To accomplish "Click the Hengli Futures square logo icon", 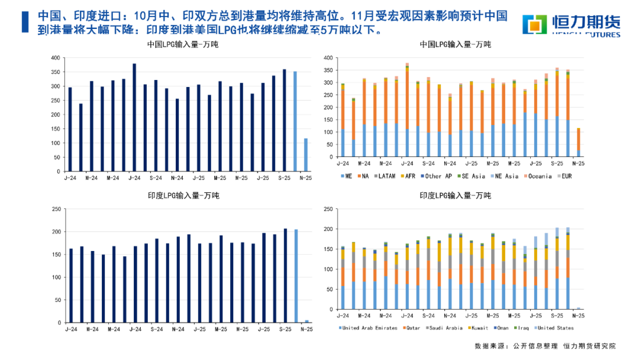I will [x=536, y=24].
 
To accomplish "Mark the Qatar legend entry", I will [x=413, y=328].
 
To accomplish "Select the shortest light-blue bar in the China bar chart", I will [x=305, y=155].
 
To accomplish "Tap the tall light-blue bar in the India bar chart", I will [x=295, y=276].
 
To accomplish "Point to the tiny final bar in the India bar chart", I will [x=306, y=321].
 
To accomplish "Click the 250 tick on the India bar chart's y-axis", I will [x=57, y=210].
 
